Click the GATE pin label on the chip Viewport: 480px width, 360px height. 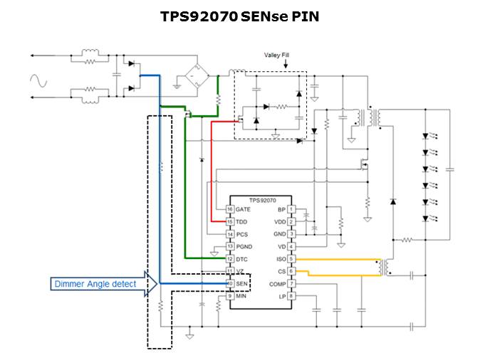243,209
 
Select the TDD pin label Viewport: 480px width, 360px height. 241,222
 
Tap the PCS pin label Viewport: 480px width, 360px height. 241,234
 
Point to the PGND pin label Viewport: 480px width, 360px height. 244,246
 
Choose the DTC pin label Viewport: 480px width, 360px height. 241,258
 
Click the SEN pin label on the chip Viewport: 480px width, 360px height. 241,284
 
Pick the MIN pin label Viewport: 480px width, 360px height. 241,296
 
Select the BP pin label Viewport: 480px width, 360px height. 281,209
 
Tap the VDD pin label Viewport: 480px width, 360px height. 280,222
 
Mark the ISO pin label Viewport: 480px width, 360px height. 281,259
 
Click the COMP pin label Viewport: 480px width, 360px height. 278,284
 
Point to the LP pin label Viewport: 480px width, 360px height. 282,296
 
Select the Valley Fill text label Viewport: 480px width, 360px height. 277,55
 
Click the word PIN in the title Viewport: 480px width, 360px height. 304,16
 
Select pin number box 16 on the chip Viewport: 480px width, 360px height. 230,209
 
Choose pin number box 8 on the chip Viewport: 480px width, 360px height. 291,296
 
